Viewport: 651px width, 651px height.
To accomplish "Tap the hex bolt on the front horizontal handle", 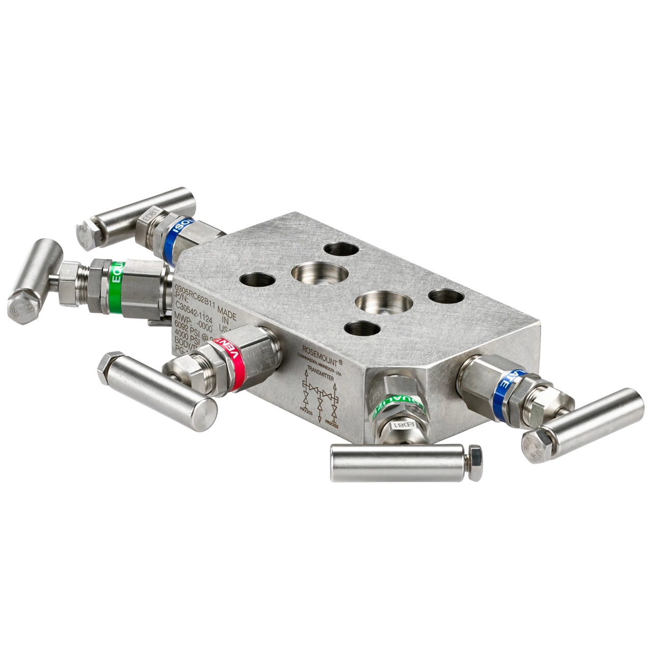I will click(475, 463).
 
